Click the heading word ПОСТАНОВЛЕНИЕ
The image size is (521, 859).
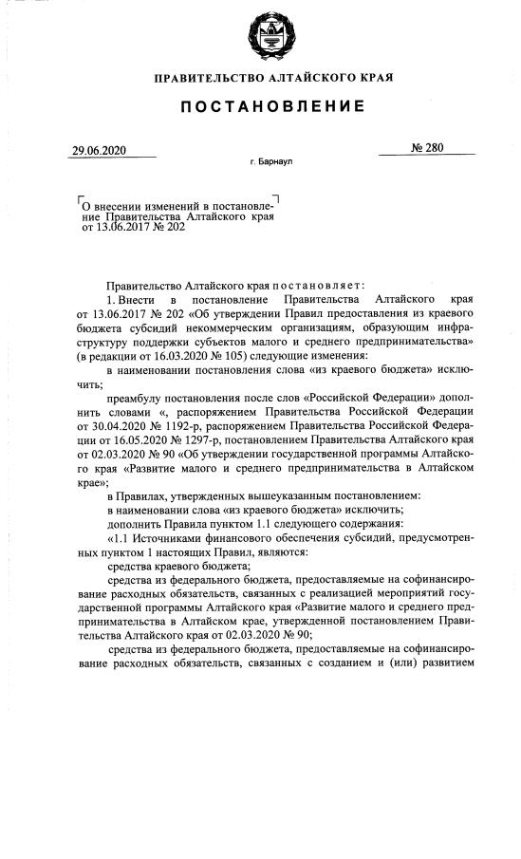click(x=260, y=111)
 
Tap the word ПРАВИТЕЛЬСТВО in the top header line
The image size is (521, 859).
click(x=203, y=77)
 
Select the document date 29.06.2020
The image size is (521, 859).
click(x=99, y=151)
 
